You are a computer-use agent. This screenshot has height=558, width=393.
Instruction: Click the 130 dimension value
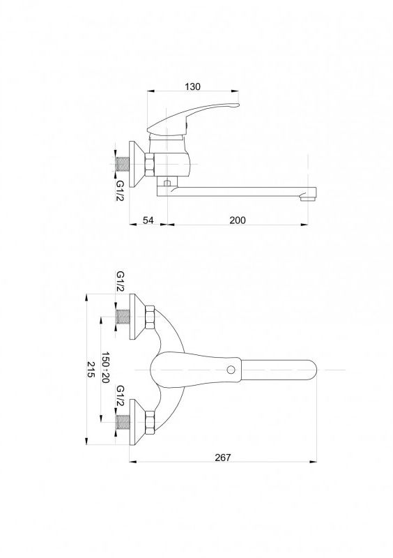(193, 86)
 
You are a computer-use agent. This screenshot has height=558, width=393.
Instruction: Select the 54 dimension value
(148, 220)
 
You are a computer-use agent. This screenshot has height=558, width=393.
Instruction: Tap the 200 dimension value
(237, 220)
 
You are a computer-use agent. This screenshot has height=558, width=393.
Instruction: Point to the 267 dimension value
(223, 458)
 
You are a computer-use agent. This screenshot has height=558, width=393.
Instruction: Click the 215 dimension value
(92, 370)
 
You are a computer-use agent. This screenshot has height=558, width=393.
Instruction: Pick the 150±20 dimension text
(106, 368)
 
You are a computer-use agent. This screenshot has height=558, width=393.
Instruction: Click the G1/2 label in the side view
(121, 190)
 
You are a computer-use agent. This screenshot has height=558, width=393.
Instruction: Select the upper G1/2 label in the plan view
(121, 282)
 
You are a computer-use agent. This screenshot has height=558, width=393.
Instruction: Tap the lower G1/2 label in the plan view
(121, 395)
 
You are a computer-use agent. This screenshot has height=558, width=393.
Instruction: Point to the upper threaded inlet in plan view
(123, 317)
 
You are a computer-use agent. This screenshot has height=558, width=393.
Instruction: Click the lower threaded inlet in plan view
(123, 423)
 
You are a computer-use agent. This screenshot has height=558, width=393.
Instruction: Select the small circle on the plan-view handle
(231, 370)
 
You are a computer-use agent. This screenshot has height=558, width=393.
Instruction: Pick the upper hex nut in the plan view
(150, 317)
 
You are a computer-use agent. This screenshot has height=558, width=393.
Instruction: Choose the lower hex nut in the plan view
(150, 423)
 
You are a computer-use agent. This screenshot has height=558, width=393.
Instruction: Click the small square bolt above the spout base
(166, 183)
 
